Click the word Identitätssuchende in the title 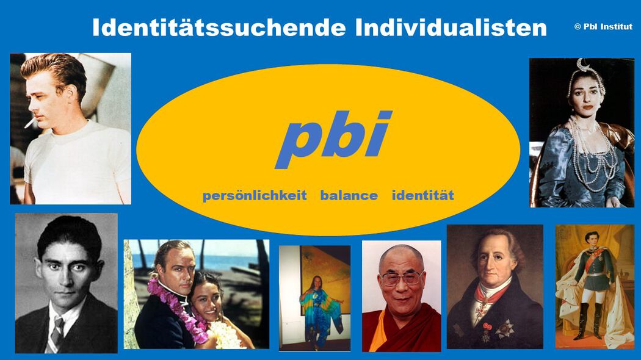coord(219,27)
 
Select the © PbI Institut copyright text coord(603,27)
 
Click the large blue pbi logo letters coord(333,139)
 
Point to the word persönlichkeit coord(255,196)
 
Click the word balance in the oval coord(349,195)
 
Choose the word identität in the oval coord(422,195)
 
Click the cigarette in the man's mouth coord(30,123)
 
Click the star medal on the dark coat coord(504,329)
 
